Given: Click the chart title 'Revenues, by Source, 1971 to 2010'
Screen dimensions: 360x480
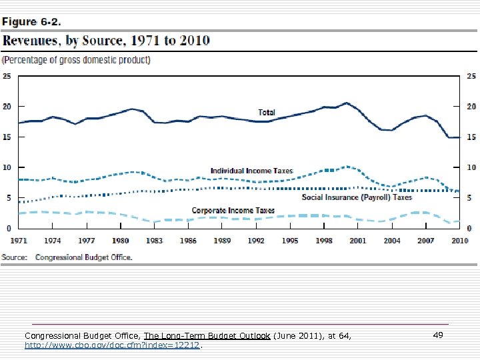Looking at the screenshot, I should coord(106,41).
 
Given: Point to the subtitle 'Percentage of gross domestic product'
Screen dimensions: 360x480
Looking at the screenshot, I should coord(77,60).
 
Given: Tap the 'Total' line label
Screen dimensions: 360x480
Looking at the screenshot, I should coord(267,112).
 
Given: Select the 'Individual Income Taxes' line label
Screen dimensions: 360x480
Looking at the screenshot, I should coord(251,171).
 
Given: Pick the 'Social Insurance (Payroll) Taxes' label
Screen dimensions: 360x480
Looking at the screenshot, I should coord(357,197).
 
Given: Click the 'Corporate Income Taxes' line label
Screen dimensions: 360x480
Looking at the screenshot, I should coord(233,211).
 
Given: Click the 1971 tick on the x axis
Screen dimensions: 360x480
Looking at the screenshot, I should coord(19,240).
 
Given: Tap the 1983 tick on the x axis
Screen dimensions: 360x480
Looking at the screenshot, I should coord(154,240).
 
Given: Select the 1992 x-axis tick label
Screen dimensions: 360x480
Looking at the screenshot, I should coord(256,240).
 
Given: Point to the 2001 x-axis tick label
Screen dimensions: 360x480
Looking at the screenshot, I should coord(358,240).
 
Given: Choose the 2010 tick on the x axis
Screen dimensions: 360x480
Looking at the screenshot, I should coord(459,240).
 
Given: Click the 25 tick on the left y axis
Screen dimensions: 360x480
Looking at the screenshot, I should coord(7,76).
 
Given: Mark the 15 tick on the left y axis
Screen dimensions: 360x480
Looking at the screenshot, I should coord(7,137).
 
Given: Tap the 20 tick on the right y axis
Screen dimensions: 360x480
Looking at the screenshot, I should coord(471,107).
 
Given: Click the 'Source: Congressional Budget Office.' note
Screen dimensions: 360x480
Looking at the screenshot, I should coord(67,257).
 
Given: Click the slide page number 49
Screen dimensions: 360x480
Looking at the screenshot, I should coord(438,336).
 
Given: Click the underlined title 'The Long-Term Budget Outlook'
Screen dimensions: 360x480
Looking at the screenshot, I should coord(207,336).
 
